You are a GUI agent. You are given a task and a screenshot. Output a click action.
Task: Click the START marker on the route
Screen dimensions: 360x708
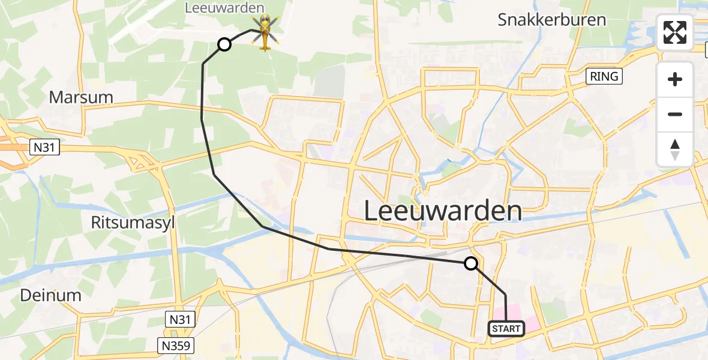[x=506, y=329]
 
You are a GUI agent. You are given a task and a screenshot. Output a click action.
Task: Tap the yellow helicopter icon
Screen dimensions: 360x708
[x=265, y=32]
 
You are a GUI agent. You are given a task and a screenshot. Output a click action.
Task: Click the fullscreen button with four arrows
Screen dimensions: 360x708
[x=675, y=32]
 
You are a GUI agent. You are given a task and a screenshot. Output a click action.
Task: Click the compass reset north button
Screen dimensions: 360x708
[x=675, y=149]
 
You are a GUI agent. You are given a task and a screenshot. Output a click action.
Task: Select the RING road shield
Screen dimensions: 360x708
[x=604, y=77]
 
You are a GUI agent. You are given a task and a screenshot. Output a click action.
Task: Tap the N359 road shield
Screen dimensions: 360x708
[x=178, y=345]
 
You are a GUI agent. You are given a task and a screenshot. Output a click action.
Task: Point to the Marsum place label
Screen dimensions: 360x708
[x=81, y=97]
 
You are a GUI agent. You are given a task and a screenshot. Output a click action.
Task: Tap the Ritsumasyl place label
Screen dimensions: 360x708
[x=133, y=223]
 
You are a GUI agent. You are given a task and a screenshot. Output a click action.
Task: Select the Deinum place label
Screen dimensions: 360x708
[x=50, y=295]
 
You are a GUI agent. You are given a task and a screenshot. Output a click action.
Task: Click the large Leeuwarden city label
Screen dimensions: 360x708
[x=443, y=212]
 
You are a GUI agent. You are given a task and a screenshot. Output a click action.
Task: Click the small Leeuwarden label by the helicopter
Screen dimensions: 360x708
[x=225, y=8]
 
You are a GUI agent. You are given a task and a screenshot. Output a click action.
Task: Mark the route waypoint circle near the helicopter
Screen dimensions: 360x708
[x=224, y=44]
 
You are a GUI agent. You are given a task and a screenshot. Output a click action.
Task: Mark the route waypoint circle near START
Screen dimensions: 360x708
[x=471, y=263]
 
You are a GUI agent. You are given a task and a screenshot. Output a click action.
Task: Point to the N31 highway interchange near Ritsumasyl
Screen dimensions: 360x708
[x=144, y=161]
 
